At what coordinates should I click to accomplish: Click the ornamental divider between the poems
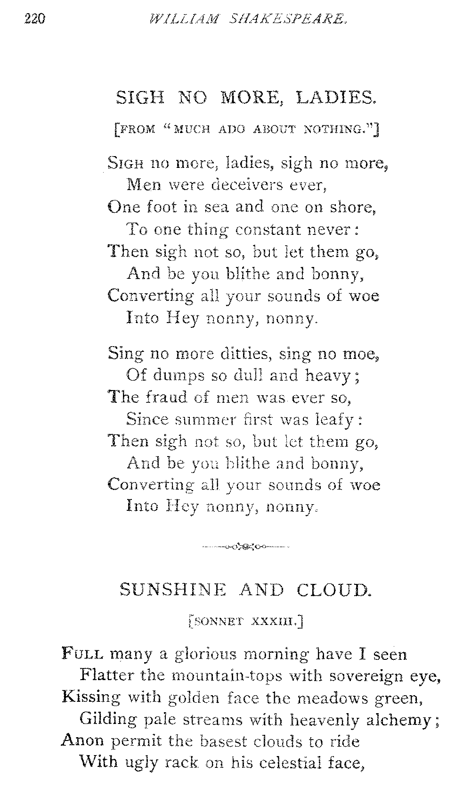tap(245, 547)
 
